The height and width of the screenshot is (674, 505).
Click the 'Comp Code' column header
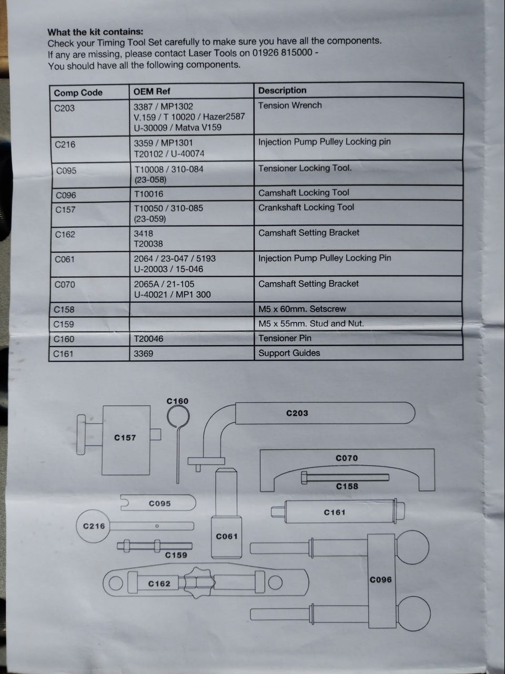(x=78, y=93)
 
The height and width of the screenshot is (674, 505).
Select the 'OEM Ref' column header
(x=151, y=92)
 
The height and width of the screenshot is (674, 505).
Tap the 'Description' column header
(x=282, y=91)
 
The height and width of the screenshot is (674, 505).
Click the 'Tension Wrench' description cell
(x=290, y=105)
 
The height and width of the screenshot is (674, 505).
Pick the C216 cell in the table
(x=65, y=144)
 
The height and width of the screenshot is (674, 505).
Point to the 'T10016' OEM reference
(x=149, y=194)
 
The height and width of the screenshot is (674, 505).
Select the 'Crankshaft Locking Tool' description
(x=306, y=207)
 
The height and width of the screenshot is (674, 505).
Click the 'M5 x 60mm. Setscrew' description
(x=302, y=309)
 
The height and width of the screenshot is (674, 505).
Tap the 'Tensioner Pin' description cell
(x=285, y=339)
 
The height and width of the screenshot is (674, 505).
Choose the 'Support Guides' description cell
(x=289, y=353)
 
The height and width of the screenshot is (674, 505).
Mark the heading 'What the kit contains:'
(x=95, y=32)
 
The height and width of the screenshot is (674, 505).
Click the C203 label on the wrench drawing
(x=297, y=413)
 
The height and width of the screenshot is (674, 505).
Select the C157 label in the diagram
(x=125, y=438)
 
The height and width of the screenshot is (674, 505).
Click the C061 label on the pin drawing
(x=227, y=537)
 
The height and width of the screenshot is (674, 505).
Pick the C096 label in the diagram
(x=380, y=580)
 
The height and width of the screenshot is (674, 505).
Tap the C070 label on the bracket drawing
(x=347, y=459)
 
